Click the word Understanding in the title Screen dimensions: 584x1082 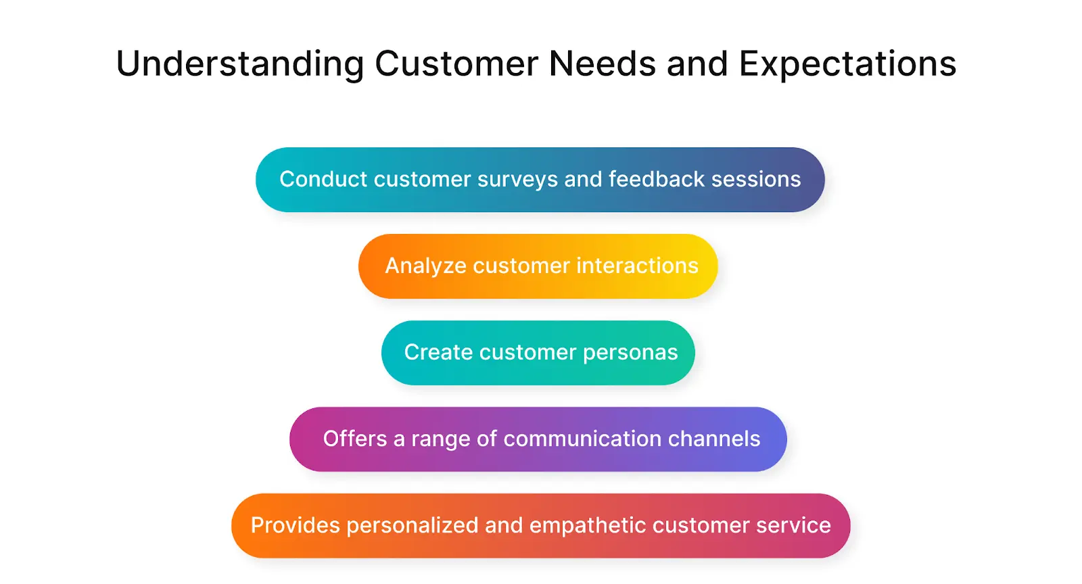240,65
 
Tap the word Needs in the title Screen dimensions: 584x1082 602,64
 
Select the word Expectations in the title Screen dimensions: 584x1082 847,65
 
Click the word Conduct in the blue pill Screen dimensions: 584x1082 323,179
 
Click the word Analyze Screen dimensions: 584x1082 425,266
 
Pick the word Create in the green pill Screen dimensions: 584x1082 438,352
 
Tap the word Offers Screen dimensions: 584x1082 354,439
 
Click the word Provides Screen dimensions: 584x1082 295,525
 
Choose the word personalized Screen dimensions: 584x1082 412,525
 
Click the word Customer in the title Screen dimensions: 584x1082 456,64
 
